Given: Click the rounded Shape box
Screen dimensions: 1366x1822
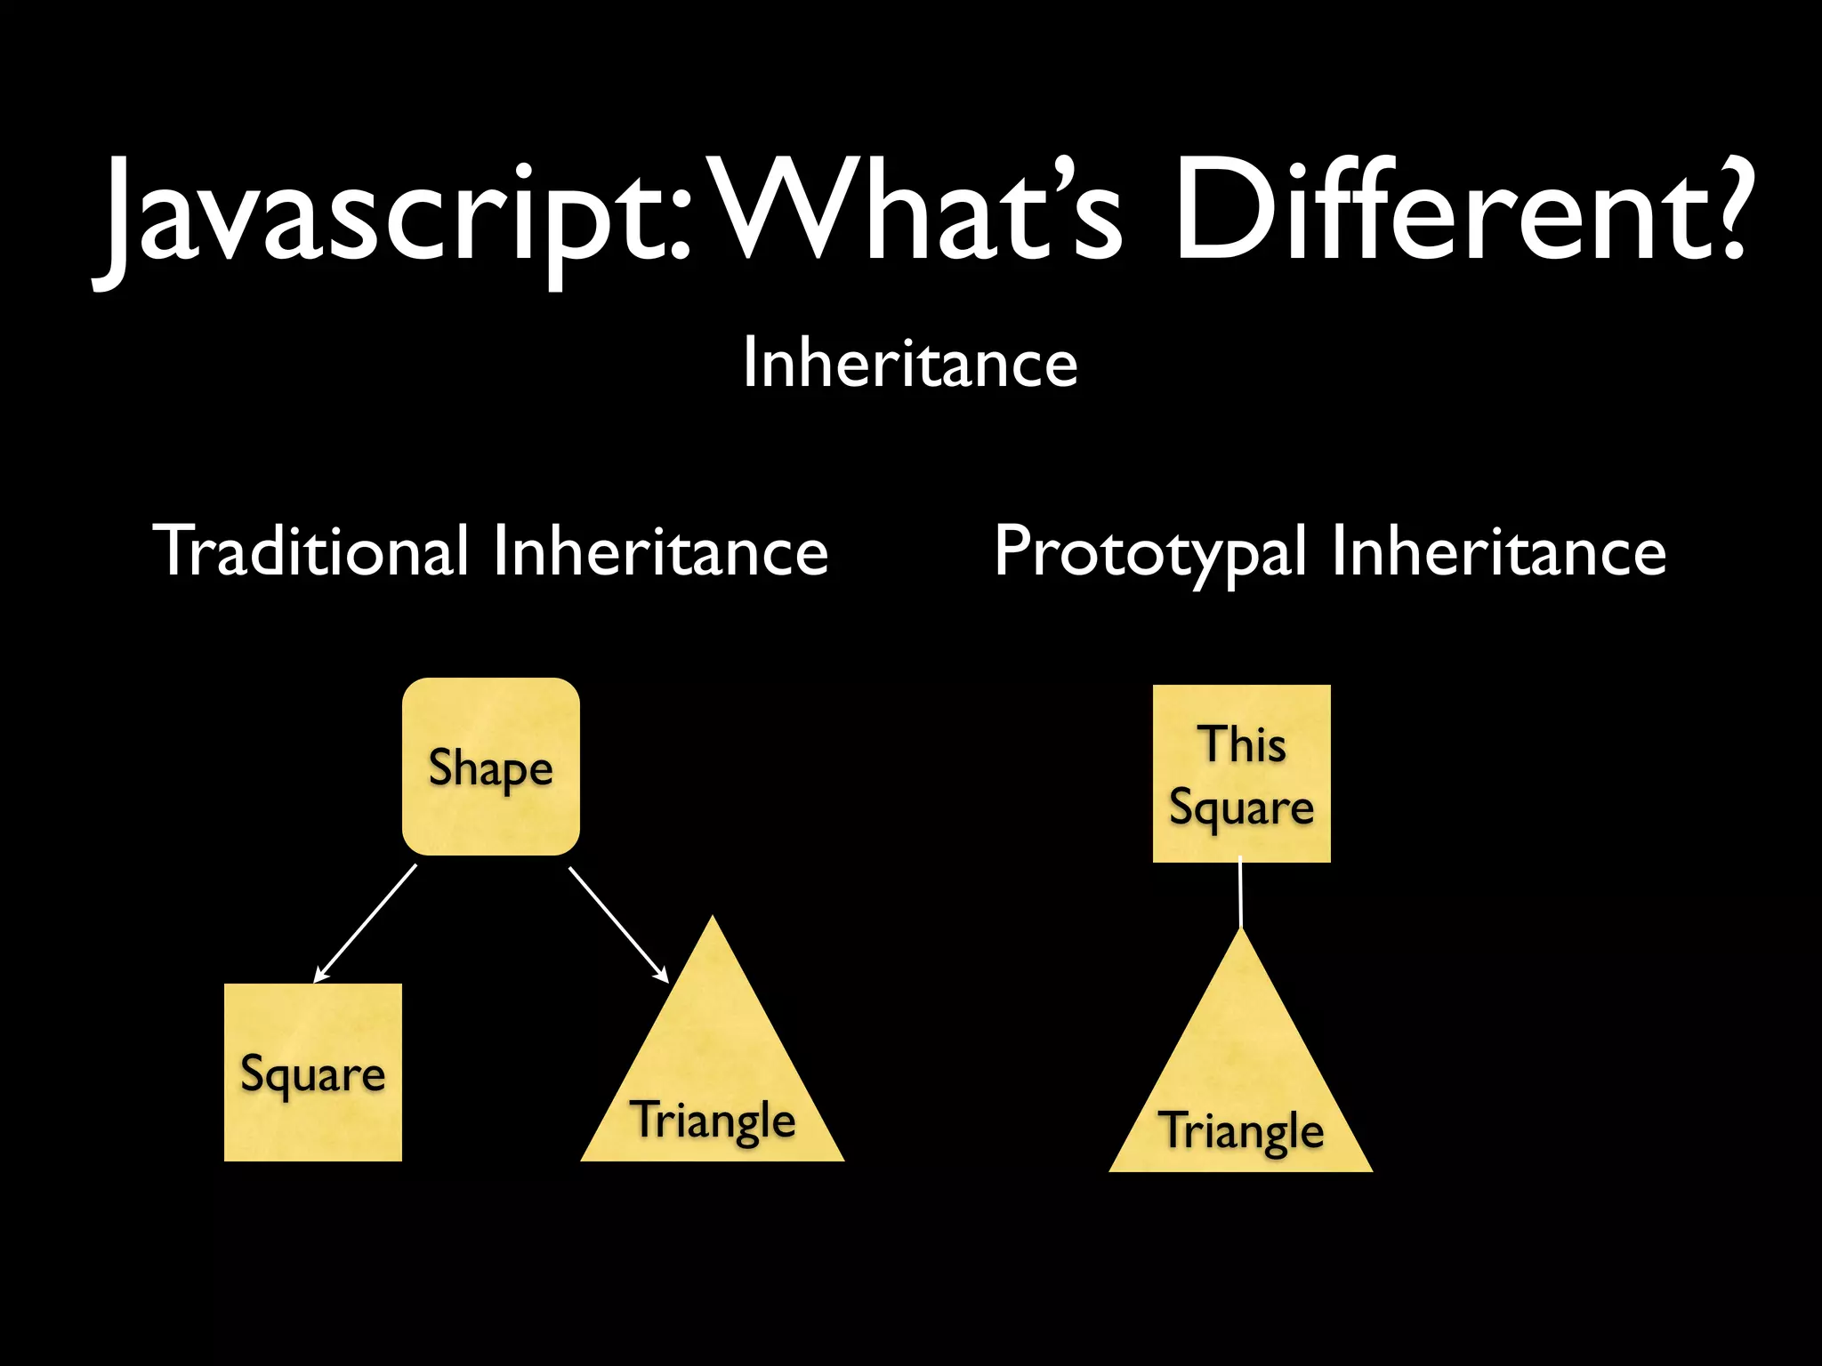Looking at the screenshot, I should click(491, 767).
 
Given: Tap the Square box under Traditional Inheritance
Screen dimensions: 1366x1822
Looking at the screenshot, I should click(313, 1072).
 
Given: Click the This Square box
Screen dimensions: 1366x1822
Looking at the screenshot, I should click(1241, 773).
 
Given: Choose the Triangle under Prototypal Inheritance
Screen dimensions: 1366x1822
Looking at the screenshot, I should click(1241, 1094).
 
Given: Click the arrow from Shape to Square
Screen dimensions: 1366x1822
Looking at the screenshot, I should click(366, 923).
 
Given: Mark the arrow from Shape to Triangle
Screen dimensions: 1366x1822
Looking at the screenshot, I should click(618, 925).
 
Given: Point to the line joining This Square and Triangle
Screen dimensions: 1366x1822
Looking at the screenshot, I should click(1240, 894).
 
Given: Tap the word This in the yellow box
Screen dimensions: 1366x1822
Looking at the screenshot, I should click(1242, 743).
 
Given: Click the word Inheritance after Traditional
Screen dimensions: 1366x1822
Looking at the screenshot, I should click(660, 550).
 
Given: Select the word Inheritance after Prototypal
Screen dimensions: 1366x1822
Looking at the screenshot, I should click(1499, 551).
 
